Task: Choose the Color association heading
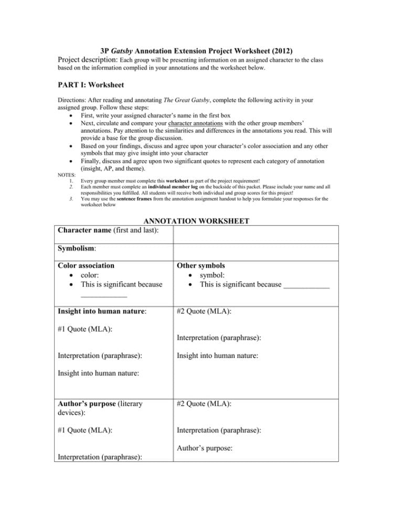(86, 266)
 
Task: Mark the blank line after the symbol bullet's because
(306, 287)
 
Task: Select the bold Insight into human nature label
(102, 311)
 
